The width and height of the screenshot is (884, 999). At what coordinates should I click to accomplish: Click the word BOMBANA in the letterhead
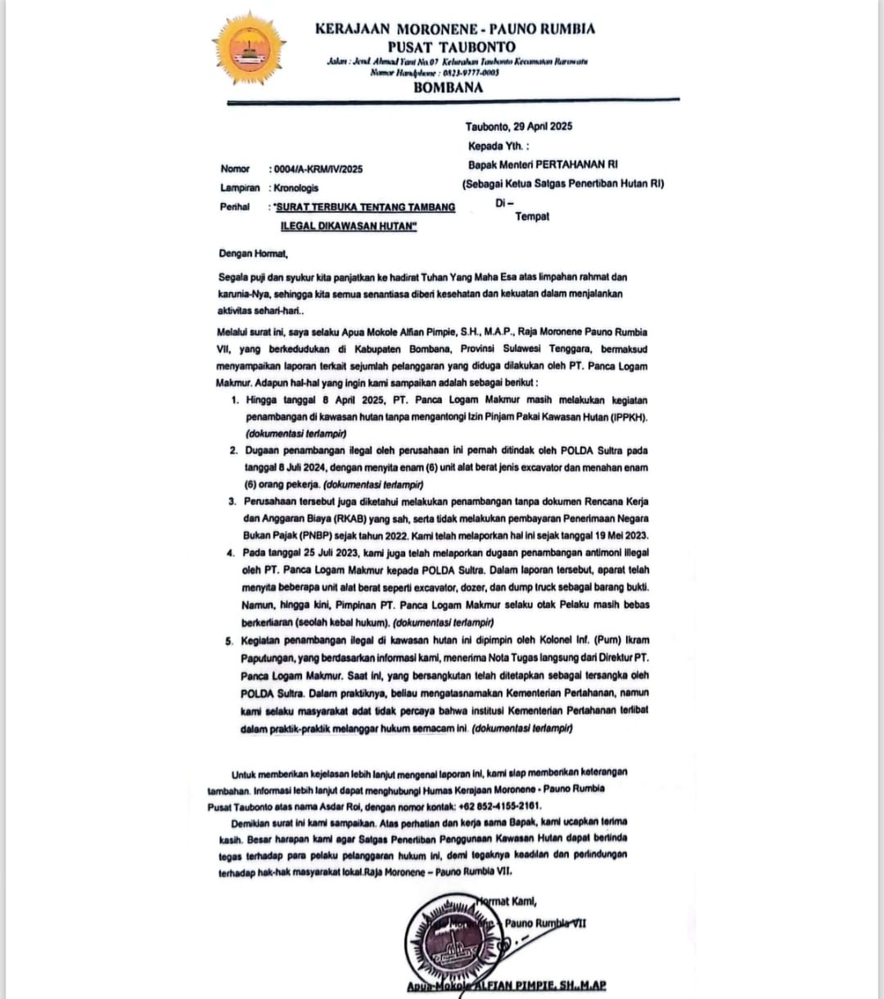(448, 88)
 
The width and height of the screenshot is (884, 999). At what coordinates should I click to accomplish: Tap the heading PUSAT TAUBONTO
(451, 47)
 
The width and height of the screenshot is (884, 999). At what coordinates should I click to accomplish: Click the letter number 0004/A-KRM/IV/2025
(316, 169)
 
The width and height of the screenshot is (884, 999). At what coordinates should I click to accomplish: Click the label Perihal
(235, 207)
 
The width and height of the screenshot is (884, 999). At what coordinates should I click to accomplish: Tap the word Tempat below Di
(532, 216)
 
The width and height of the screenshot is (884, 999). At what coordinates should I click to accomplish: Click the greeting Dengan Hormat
(254, 254)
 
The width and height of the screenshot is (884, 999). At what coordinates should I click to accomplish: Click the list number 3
(232, 501)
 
